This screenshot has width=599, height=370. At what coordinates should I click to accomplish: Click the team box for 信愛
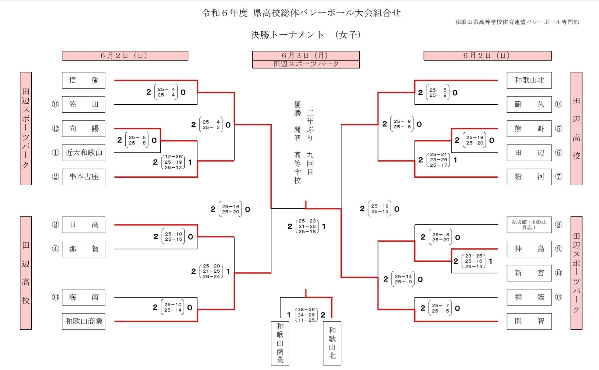(84, 80)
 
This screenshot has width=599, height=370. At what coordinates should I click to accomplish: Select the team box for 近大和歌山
(84, 153)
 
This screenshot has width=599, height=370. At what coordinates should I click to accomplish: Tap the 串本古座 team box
(84, 177)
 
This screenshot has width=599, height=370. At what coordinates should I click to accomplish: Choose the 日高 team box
(84, 225)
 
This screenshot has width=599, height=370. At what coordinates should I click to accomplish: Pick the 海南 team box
(84, 297)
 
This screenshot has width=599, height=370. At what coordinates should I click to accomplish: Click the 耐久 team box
(529, 104)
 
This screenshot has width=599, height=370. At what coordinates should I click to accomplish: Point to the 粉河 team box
(529, 177)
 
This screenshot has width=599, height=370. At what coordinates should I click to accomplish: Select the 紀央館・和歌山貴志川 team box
(529, 225)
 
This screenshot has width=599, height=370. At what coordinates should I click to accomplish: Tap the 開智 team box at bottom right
(529, 321)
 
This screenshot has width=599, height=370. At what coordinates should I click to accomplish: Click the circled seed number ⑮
(559, 297)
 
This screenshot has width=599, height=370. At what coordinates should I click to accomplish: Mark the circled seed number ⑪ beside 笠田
(55, 104)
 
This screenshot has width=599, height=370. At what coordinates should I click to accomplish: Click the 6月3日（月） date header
(306, 55)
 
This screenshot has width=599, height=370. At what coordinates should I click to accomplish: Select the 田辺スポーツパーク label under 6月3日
(306, 64)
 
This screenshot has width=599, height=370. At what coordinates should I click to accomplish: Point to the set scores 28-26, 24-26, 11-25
(306, 315)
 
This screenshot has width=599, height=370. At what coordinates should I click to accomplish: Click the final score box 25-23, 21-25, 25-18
(307, 226)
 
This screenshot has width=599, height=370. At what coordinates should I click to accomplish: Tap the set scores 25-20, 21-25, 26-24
(211, 271)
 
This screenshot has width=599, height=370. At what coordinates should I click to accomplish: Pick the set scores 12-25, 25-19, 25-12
(173, 162)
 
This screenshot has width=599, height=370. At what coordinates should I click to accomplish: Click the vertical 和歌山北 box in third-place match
(332, 343)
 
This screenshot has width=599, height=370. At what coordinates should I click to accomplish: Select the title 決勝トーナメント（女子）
(306, 35)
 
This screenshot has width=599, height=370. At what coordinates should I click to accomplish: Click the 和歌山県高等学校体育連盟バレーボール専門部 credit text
(517, 22)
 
